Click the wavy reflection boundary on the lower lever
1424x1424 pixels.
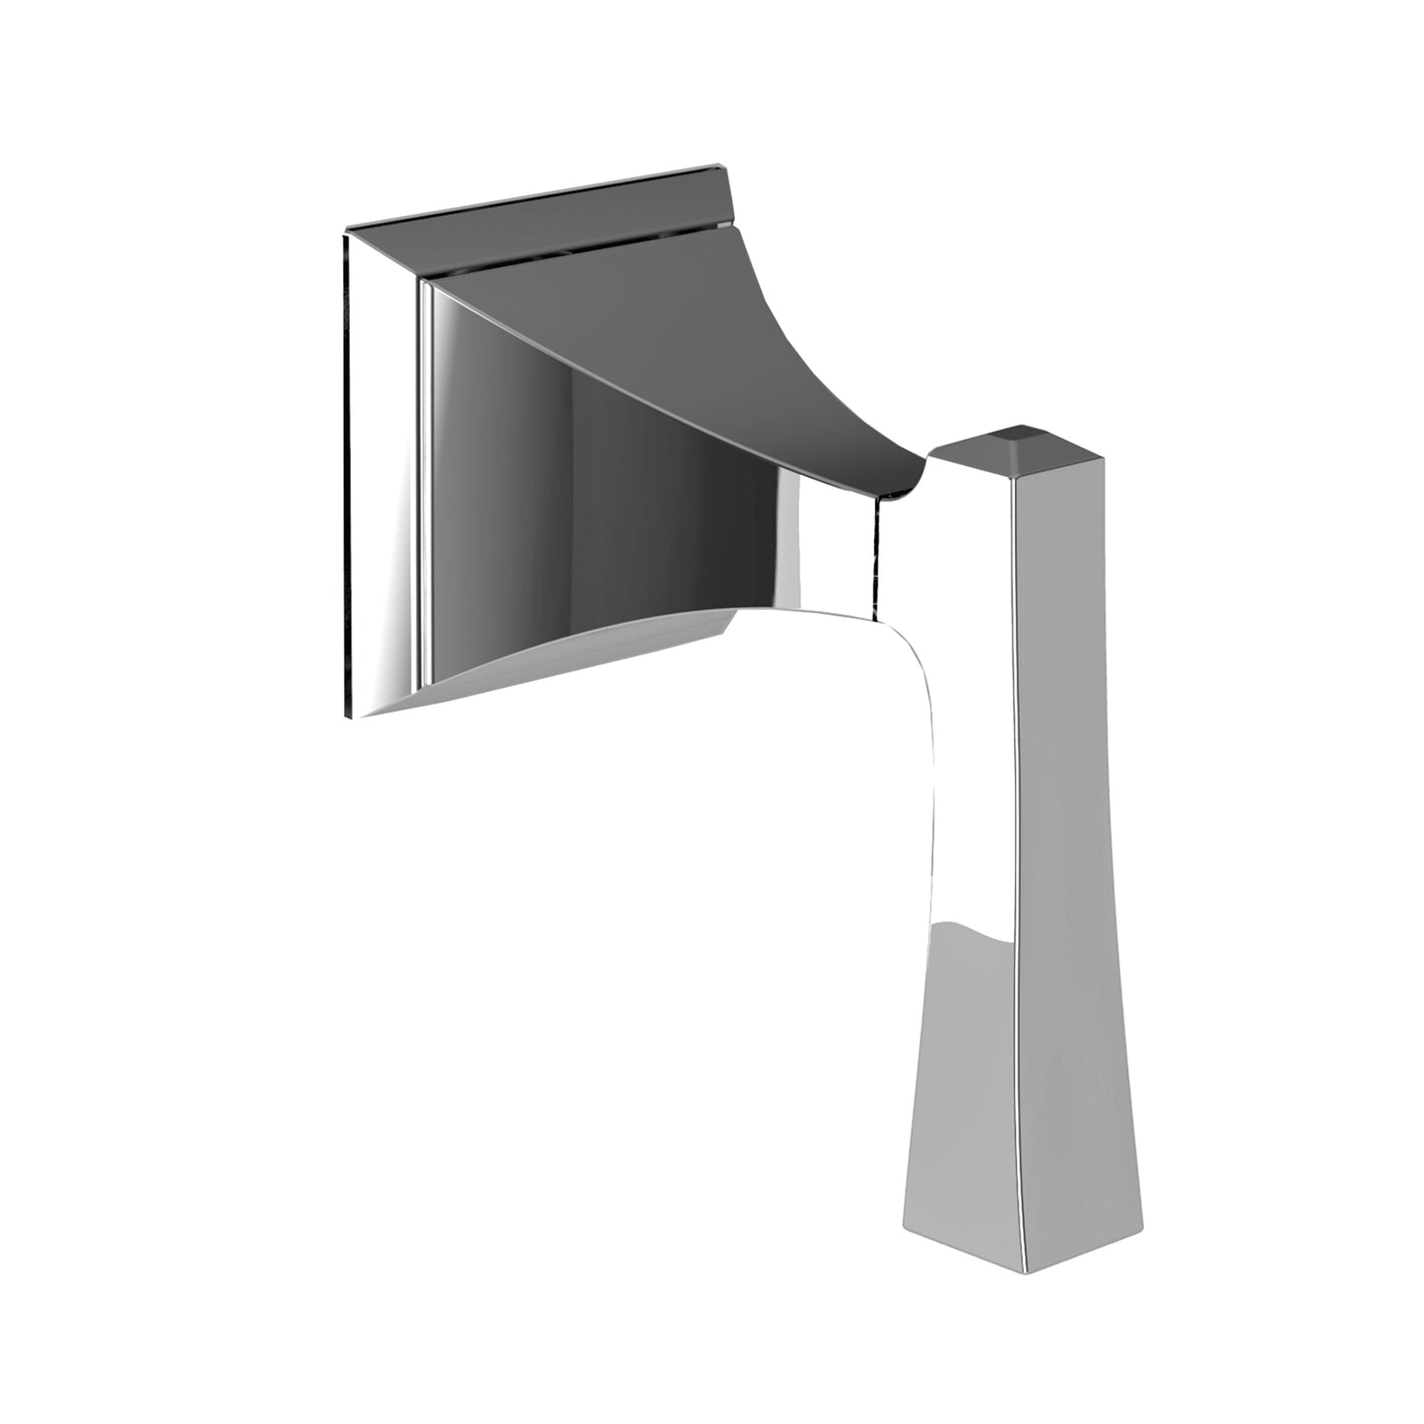966,931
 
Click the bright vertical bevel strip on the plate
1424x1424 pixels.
425,473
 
